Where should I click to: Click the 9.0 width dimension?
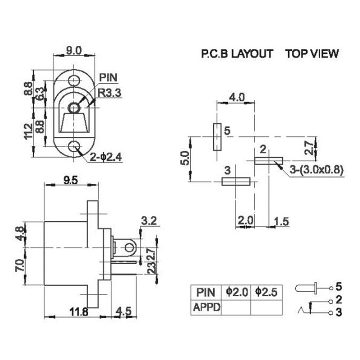point(73,51)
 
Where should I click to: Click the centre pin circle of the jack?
point(73,108)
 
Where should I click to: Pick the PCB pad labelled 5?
point(217,137)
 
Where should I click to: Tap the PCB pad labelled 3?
point(236,181)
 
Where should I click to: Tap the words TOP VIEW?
point(312,54)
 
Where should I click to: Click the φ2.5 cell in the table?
point(265,292)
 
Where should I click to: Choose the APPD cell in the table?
point(207,307)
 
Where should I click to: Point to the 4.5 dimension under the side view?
point(124,311)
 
